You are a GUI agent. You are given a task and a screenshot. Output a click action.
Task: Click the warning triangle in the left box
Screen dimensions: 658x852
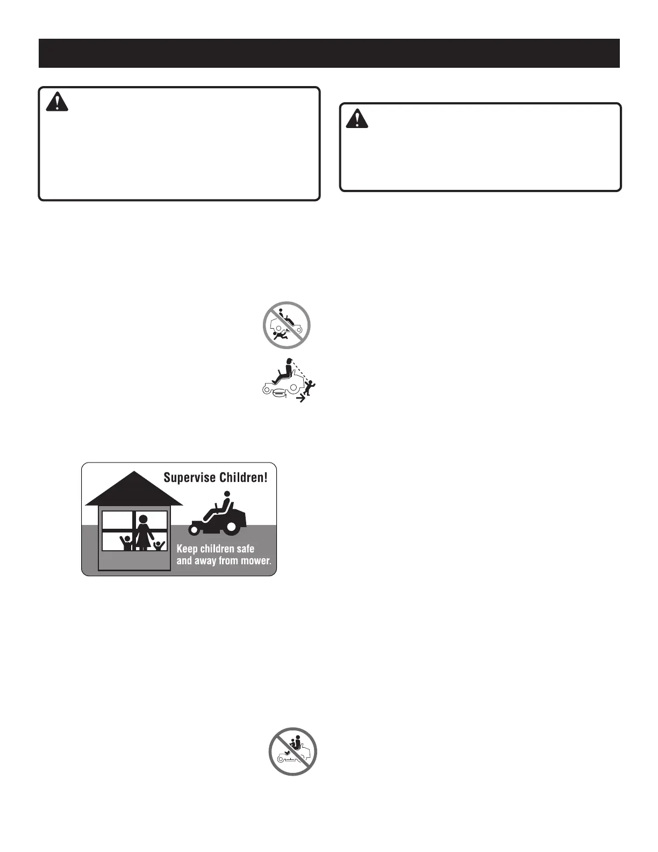point(57,102)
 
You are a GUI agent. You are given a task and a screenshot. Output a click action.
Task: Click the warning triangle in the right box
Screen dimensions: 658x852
point(357,118)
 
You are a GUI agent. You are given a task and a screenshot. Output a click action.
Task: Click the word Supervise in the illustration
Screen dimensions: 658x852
point(190,477)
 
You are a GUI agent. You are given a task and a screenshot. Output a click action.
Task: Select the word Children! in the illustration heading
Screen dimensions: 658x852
point(243,477)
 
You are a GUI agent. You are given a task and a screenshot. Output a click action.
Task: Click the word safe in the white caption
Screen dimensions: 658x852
point(245,549)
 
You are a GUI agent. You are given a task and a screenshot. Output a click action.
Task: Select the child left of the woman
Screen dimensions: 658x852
point(127,542)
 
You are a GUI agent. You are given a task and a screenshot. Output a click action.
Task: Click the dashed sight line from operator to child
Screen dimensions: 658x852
point(299,371)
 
